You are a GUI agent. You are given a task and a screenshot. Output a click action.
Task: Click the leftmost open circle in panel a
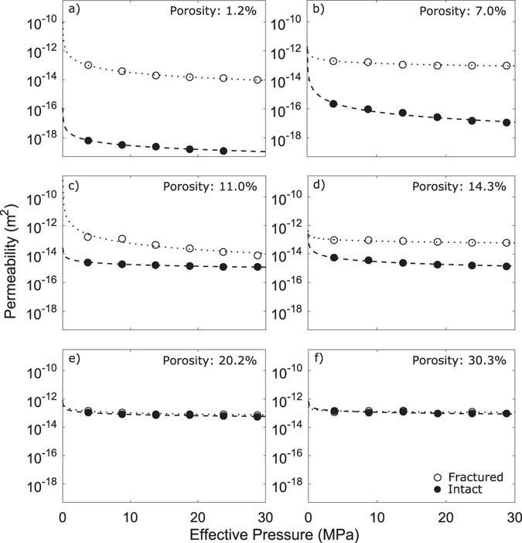tap(88, 65)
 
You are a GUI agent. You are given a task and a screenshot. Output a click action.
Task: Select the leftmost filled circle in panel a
tap(88, 140)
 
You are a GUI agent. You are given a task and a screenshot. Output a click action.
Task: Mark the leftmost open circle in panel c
tap(88, 237)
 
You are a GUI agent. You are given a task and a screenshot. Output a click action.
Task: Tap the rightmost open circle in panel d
tap(507, 243)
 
